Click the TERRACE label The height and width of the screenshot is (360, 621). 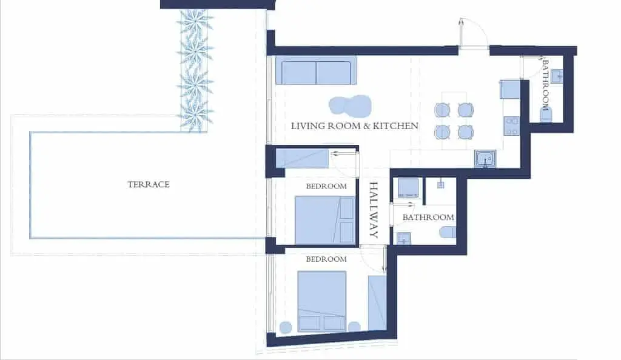coord(149,184)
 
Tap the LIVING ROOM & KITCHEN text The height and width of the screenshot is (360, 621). coord(354,126)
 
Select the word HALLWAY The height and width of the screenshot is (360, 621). coord(374,210)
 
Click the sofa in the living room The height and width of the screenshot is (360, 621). coord(316,70)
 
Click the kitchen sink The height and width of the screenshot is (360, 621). coord(485,159)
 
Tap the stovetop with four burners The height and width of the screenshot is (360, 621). coord(511,126)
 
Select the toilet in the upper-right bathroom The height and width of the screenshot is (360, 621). coord(546,115)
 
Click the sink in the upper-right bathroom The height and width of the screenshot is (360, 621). coord(557,76)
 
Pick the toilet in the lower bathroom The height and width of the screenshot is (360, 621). coord(448,232)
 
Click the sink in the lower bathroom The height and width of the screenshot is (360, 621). coord(403,238)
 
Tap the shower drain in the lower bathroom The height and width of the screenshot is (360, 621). coord(440,185)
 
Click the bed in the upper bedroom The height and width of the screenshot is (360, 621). coord(325,220)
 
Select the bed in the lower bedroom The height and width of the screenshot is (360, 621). coord(322,301)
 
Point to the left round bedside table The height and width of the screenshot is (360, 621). coord(286,327)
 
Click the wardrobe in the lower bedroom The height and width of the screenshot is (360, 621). coord(377,302)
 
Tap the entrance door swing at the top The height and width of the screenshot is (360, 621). coord(473,33)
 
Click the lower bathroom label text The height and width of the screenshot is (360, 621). coord(428,217)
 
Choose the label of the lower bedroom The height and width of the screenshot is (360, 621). coord(326,259)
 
